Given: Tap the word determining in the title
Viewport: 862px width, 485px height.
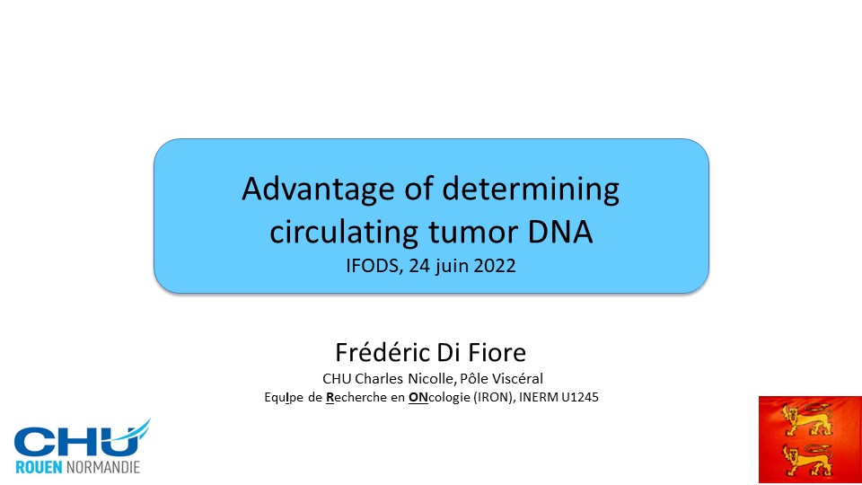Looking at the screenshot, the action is click(x=531, y=190).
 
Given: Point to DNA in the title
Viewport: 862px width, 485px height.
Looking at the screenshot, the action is click(x=560, y=232).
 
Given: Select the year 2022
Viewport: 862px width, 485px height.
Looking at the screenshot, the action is click(x=495, y=266).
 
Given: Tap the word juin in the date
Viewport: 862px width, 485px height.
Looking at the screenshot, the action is click(x=451, y=266).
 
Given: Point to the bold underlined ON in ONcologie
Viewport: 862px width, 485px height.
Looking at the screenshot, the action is click(x=418, y=397).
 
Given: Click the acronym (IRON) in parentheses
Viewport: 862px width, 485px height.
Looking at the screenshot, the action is click(x=495, y=397).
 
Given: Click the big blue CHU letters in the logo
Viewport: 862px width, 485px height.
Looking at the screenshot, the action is click(x=77, y=441).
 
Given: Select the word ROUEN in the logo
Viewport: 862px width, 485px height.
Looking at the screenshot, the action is click(x=39, y=467).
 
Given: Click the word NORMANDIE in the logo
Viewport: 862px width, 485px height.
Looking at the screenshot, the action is click(x=102, y=467).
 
